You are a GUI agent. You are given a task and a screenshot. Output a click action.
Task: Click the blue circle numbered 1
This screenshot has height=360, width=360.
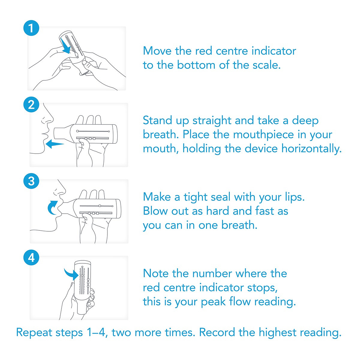31,28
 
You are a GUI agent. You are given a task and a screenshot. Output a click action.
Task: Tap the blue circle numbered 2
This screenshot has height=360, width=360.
31,105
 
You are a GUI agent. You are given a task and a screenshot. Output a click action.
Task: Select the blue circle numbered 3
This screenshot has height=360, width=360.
31,181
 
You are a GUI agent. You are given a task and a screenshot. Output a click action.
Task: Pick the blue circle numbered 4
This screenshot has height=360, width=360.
31,257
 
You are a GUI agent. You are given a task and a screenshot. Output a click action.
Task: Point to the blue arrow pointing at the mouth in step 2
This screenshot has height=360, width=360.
55,144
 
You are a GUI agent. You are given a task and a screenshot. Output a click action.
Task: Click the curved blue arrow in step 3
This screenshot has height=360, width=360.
53,207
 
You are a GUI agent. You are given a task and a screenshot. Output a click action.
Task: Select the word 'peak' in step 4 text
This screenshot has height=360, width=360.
213,302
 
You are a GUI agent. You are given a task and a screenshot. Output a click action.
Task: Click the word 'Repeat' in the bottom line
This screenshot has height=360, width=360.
34,333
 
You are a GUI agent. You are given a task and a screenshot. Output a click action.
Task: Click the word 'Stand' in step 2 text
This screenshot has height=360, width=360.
157,121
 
